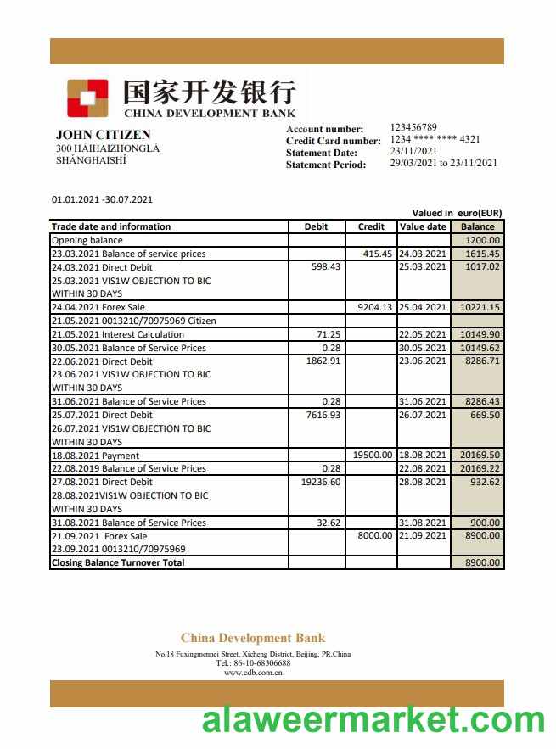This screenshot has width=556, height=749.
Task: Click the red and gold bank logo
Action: tap(87, 98)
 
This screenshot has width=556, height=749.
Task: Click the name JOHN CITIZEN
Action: tap(103, 135)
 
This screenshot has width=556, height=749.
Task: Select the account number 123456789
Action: tap(413, 127)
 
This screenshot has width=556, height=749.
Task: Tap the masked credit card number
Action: tap(435, 139)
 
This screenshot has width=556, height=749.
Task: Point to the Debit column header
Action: tap(316, 226)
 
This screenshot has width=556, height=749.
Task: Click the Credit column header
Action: tap(371, 226)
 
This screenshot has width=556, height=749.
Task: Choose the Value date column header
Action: tap(422, 226)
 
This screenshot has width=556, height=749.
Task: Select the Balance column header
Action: tap(477, 226)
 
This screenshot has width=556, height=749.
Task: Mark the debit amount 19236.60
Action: tap(321, 482)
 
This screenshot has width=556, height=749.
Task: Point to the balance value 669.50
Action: tap(484, 415)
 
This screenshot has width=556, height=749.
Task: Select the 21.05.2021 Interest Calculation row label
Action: tap(118, 334)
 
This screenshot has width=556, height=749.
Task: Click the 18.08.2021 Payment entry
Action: tap(95, 456)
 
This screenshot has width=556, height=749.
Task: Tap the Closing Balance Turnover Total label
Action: tap(118, 562)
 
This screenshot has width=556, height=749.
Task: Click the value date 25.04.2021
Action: tap(422, 307)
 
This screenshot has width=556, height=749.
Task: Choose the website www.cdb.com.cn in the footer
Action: tap(253, 673)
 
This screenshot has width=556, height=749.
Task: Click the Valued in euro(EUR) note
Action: tap(457, 213)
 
